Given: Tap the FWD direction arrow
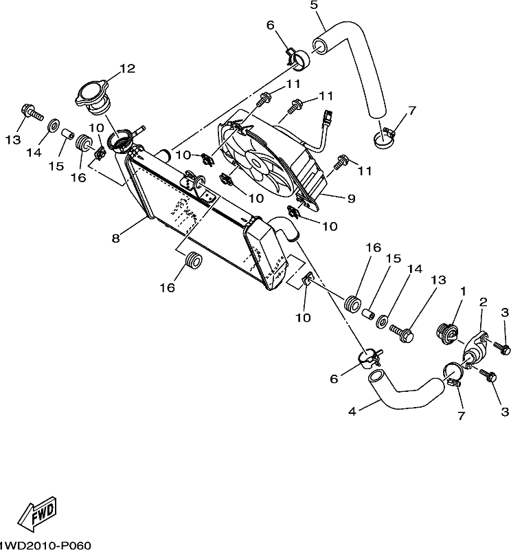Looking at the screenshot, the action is click(x=38, y=511).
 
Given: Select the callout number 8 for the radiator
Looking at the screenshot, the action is click(x=115, y=239).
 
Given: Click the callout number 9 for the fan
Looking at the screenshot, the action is click(x=351, y=199).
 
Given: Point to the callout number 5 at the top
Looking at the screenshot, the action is click(x=314, y=5).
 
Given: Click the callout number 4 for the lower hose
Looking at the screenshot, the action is click(x=352, y=411).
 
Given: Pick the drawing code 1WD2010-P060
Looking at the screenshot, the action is click(x=45, y=545).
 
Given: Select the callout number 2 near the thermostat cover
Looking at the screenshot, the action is click(x=484, y=302).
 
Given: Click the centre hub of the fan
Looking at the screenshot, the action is click(x=257, y=164).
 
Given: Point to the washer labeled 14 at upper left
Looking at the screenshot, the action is click(x=53, y=125).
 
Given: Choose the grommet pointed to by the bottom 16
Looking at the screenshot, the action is click(x=193, y=261).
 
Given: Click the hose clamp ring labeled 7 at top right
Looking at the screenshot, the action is click(x=383, y=139).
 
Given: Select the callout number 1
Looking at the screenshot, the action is click(x=463, y=291).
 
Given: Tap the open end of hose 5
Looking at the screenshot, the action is click(x=319, y=46).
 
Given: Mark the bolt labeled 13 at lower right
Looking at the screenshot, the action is click(x=401, y=333).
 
